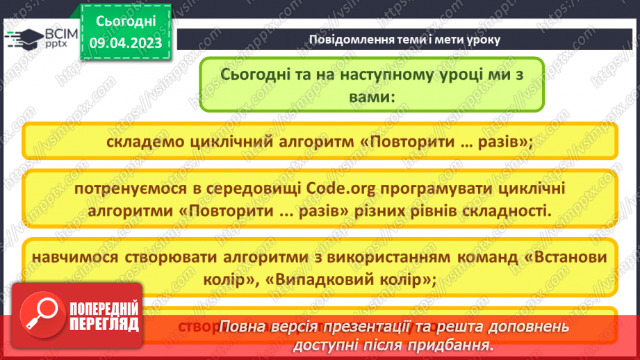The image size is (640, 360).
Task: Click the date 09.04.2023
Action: (x=125, y=42)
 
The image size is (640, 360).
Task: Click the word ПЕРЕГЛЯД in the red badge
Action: (x=104, y=325)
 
